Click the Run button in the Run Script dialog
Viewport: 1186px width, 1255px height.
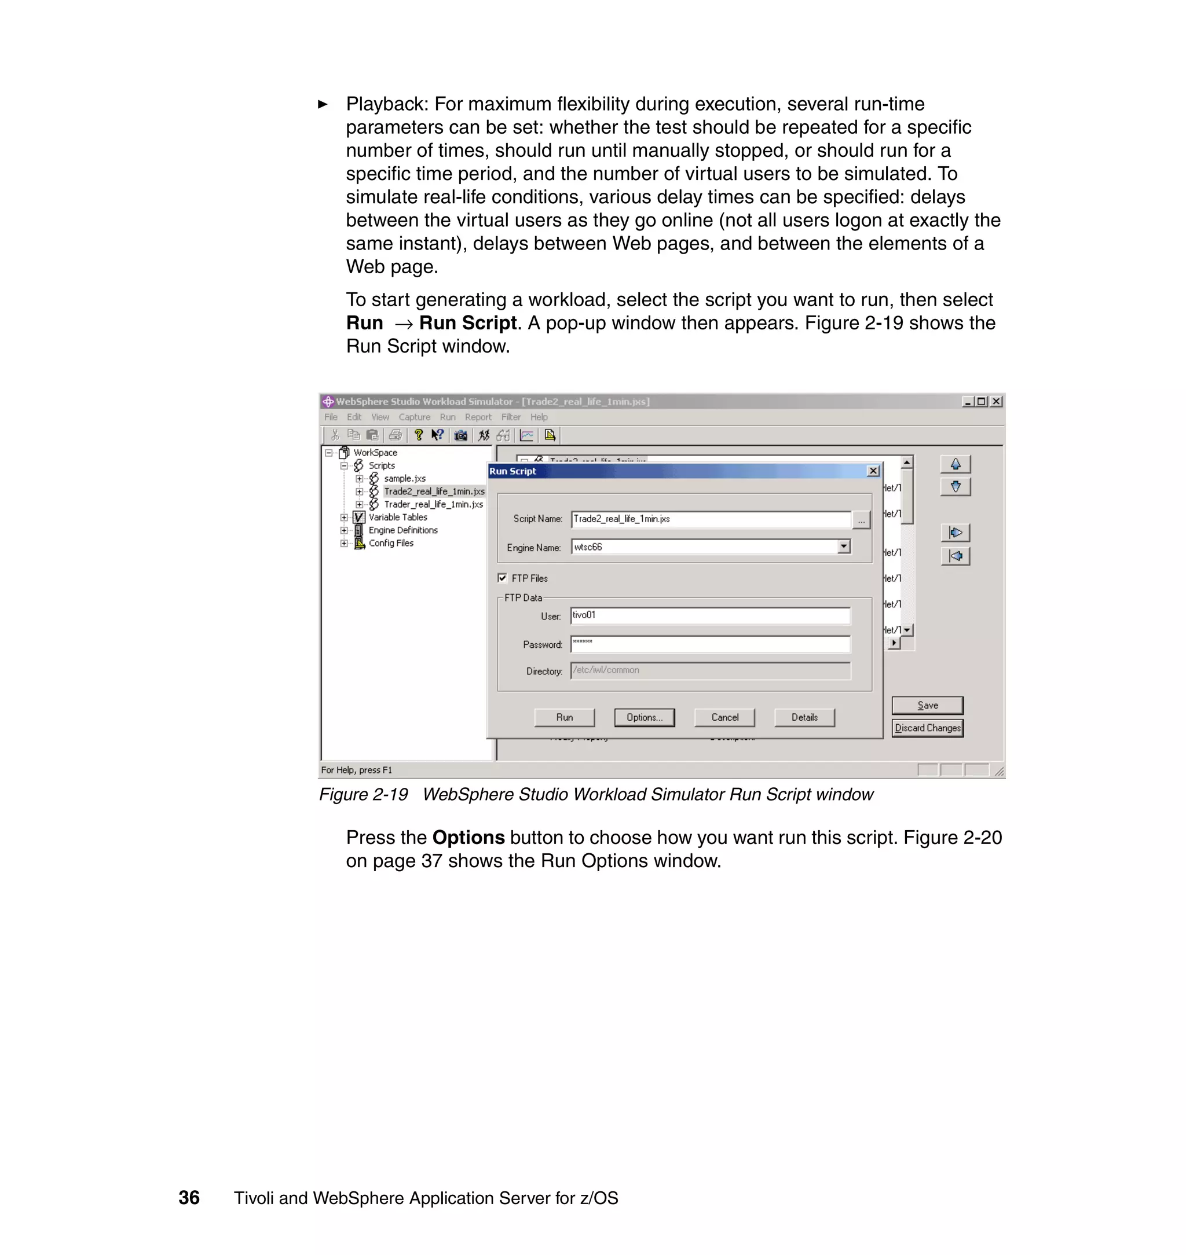[x=564, y=717]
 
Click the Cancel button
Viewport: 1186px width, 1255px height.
[x=724, y=717]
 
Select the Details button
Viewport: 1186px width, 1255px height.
[x=804, y=717]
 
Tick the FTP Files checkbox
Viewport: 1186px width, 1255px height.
[x=503, y=578]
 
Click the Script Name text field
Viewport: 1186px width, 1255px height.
[x=710, y=519]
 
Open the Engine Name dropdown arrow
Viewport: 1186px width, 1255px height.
[x=843, y=546]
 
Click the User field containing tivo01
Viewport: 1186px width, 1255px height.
[x=710, y=615]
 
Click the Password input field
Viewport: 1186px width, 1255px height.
[x=710, y=644]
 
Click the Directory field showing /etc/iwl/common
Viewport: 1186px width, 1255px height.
[x=710, y=670]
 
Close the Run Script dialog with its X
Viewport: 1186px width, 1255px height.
[x=873, y=471]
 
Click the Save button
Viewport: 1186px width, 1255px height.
[x=927, y=705]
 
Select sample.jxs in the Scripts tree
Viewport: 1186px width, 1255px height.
[x=405, y=478]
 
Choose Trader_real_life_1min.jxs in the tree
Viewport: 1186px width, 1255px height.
[x=433, y=504]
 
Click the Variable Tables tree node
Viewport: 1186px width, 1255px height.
[x=398, y=517]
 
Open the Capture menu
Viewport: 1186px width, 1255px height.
[x=414, y=417]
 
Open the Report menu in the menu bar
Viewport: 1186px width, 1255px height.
[x=478, y=417]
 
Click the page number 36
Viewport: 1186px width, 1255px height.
[x=189, y=1198]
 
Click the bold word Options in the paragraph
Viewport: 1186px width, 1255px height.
[x=468, y=837]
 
